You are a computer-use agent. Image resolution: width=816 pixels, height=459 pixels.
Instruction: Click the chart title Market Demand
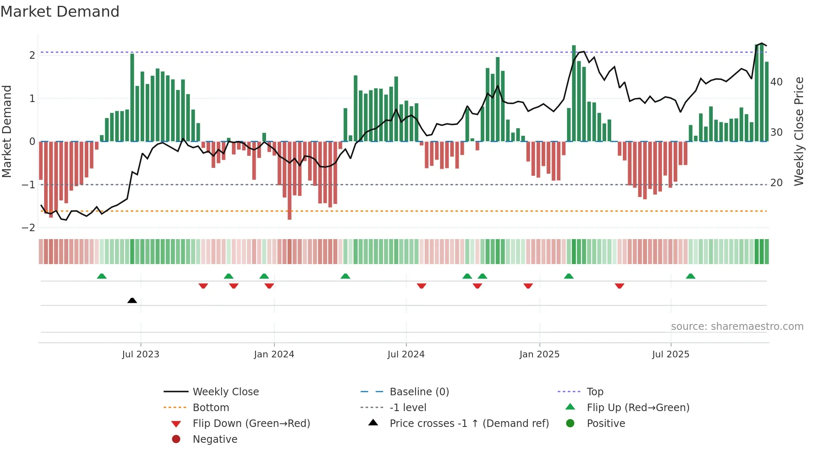[x=60, y=12]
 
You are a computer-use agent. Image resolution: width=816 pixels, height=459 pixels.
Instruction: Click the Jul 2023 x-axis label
[x=140, y=354]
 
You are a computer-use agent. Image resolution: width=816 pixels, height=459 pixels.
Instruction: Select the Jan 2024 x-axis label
[x=274, y=354]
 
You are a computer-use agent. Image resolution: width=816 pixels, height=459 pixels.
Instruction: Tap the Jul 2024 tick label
[x=406, y=354]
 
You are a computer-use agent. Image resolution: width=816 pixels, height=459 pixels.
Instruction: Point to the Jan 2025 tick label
[x=540, y=354]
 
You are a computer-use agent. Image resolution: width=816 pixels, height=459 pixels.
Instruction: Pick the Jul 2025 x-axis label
[x=671, y=354]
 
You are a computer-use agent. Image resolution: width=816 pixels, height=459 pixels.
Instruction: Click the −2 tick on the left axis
[x=29, y=228]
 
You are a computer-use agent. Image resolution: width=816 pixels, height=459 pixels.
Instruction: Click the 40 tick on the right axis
[x=776, y=82]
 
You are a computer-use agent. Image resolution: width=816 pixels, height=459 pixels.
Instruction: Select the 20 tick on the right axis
[x=776, y=183]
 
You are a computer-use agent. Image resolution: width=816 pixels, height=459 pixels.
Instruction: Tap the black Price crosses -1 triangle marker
[x=132, y=300]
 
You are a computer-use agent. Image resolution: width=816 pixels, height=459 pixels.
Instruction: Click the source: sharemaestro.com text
[x=737, y=326]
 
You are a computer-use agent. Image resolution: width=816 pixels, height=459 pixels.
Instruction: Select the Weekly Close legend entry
[x=225, y=392]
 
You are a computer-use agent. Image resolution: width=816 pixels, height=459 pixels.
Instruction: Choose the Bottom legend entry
[x=211, y=407]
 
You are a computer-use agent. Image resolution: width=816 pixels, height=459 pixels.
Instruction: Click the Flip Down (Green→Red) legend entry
[x=251, y=423]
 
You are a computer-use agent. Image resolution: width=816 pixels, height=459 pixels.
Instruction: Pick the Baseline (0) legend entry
[x=419, y=392]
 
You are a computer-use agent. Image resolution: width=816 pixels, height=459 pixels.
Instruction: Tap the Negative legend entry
[x=215, y=439]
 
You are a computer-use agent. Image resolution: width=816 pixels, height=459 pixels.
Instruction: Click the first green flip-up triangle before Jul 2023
[x=102, y=276]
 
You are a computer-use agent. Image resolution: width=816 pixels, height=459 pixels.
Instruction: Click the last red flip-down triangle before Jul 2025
[x=619, y=286]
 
